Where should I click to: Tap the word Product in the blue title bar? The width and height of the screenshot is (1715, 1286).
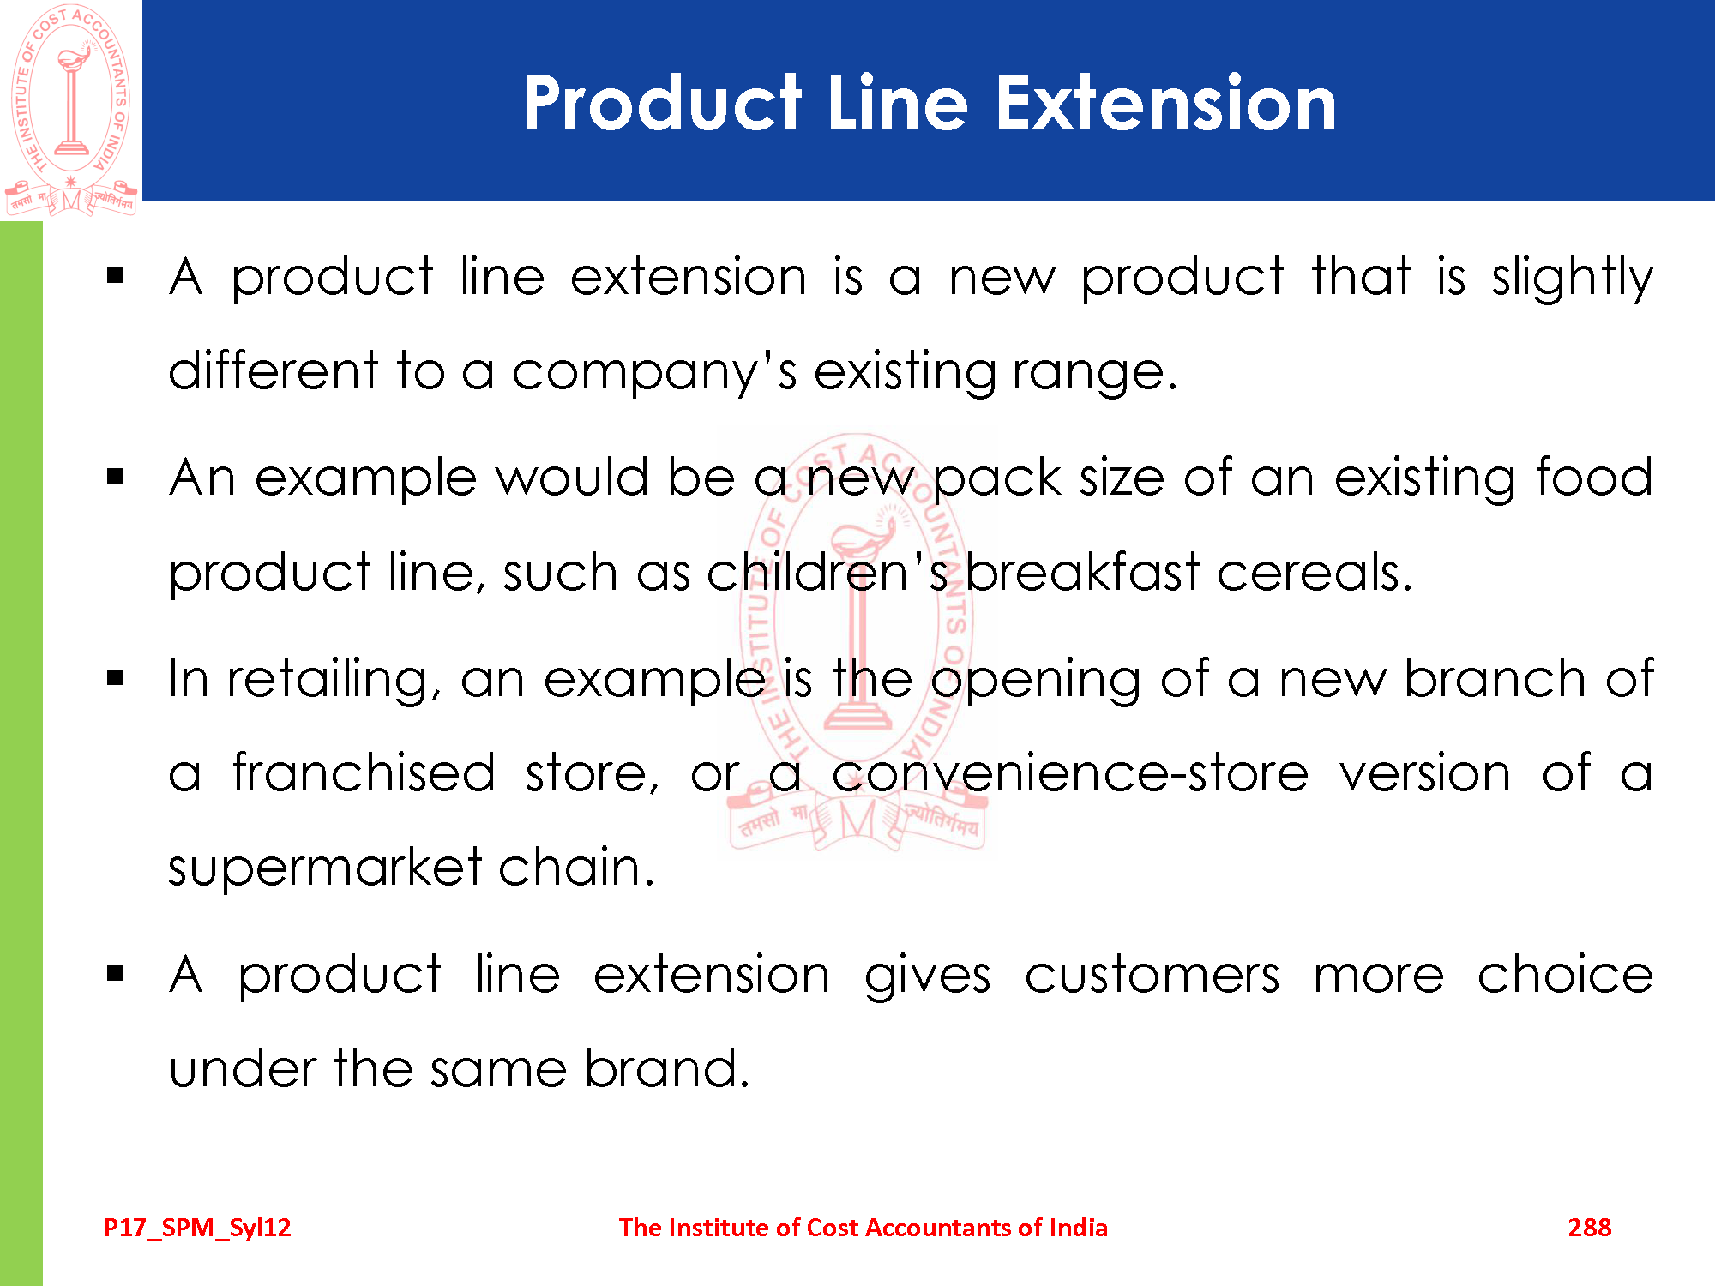663,103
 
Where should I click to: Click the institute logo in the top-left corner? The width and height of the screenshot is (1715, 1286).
71,109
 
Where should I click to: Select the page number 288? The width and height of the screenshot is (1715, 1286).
1590,1228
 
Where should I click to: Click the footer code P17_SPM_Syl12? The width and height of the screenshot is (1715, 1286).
197,1229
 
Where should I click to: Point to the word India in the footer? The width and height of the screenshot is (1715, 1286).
1078,1228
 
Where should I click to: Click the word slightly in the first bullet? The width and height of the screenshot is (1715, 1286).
1573,279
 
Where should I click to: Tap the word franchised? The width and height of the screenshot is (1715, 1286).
364,772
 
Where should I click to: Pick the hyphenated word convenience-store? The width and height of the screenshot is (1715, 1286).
1070,773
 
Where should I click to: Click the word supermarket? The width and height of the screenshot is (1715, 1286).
326,868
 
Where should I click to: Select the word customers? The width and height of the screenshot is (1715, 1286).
1152,976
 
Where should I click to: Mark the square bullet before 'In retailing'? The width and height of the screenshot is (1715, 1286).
116,679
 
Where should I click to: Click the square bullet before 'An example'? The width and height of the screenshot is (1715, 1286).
116,478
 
